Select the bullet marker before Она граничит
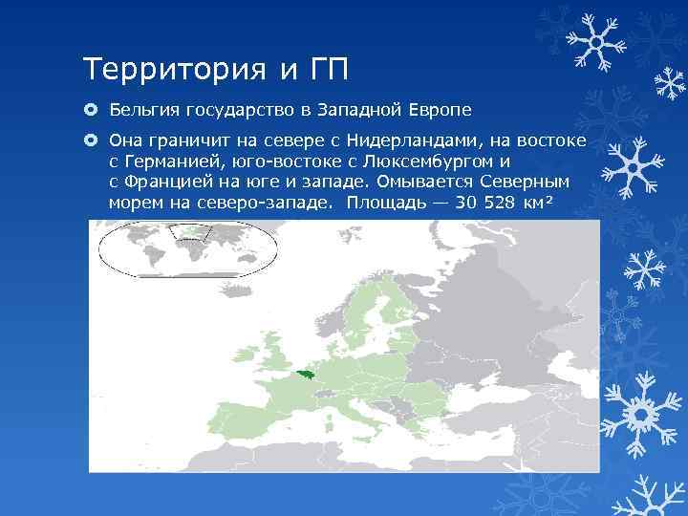click(91, 141)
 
